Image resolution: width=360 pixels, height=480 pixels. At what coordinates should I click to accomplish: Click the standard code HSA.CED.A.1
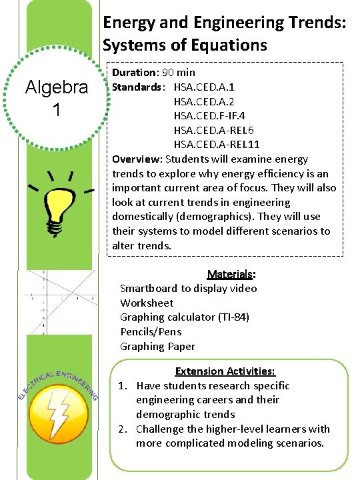click(x=203, y=87)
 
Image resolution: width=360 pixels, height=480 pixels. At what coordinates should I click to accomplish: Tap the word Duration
click(x=133, y=72)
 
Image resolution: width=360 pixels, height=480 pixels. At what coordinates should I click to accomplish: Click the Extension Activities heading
click(x=225, y=371)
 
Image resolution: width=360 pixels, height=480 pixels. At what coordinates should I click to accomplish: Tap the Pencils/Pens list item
click(x=151, y=331)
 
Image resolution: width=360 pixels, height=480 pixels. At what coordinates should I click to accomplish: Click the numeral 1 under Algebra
click(x=57, y=110)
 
